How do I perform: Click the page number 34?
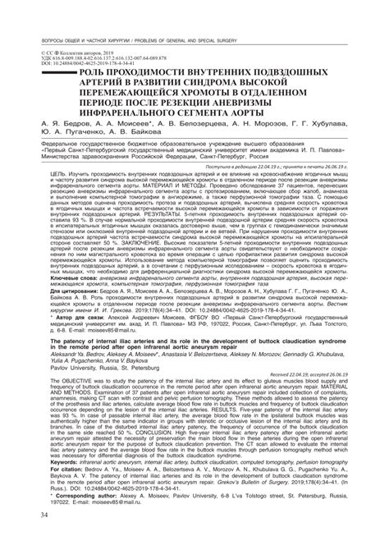point(33,515)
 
